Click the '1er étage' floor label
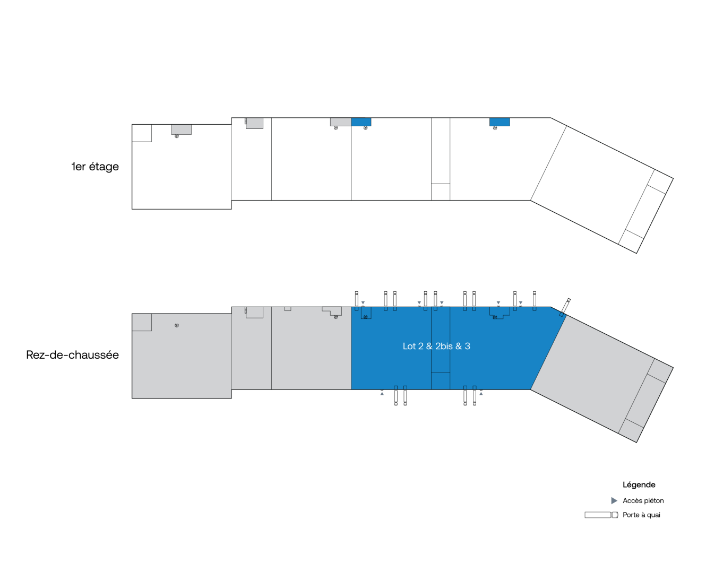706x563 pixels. pos(95,167)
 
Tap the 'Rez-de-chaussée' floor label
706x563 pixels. pos(73,355)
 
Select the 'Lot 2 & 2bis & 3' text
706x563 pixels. pos(436,346)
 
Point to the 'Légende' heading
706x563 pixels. pos(639,484)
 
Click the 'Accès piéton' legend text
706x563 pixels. pos(643,501)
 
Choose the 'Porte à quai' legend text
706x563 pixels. pos(641,515)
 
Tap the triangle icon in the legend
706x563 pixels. pos(614,501)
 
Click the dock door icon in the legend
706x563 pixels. pos(601,515)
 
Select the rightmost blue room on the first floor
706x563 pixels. pos(500,122)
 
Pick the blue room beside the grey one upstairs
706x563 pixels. pos(361,122)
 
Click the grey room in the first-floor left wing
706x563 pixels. pos(181,129)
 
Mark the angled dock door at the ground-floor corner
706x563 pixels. pos(565,307)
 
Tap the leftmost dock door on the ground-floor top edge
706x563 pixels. pos(357,301)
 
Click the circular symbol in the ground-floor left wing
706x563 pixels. pos(176,325)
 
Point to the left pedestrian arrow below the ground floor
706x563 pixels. pos(382,394)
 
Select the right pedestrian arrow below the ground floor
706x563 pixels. pos(481,394)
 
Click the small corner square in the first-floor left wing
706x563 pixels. pos(142,133)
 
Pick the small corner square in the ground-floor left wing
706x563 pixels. pos(142,322)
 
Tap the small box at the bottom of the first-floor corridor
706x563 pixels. pos(440,192)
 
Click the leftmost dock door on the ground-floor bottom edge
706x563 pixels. pos(395,395)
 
